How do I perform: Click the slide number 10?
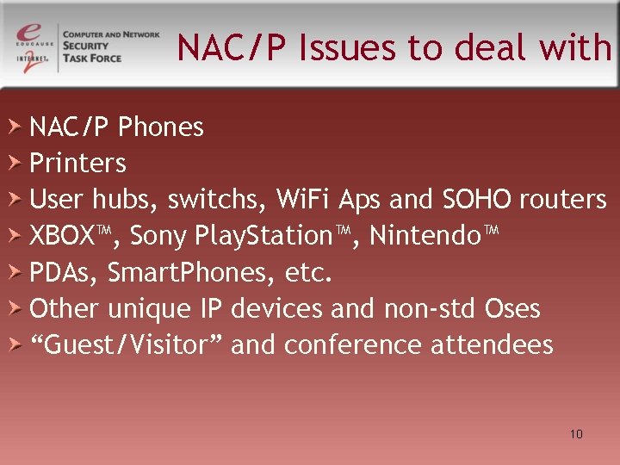576,434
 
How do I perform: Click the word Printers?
78,163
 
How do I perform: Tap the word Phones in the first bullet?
161,127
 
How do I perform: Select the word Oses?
512,308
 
